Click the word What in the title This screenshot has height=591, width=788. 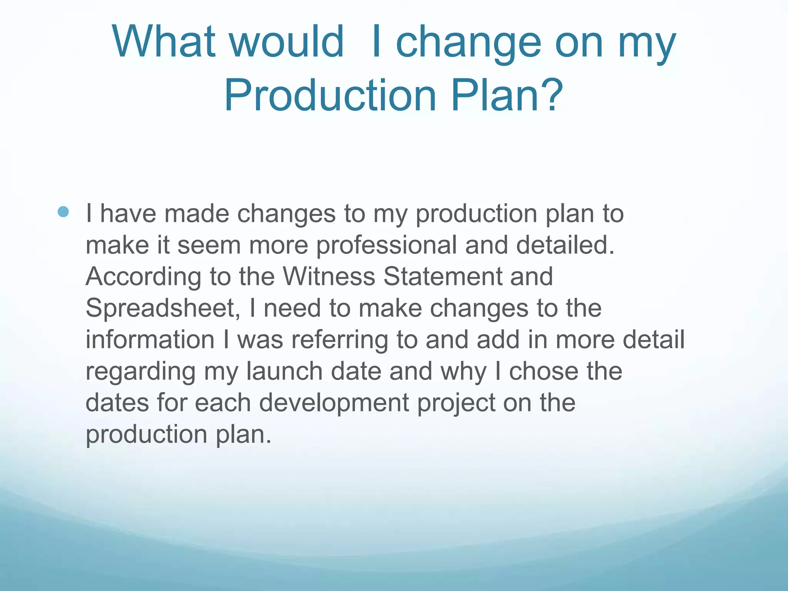tap(164, 42)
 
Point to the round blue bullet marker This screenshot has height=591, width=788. tap(63, 212)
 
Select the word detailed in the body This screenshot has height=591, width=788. tap(565, 245)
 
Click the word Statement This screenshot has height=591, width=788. tap(442, 277)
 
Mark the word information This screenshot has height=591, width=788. tap(150, 340)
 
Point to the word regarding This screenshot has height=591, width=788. tap(140, 372)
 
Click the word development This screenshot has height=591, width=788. tap(334, 403)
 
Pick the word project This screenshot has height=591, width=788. tap(456, 403)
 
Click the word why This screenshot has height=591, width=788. tap(463, 372)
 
